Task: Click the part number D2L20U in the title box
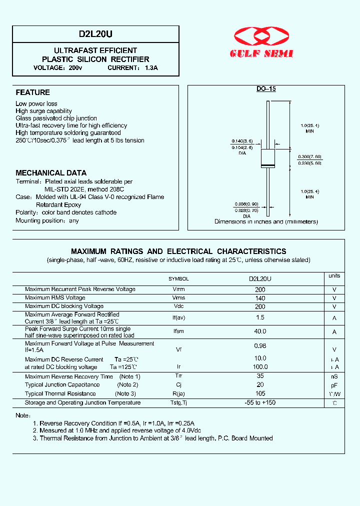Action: coord(95,34)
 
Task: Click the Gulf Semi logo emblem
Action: coord(262,36)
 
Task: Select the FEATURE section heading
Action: coord(32,92)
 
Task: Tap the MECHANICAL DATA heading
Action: coord(51,173)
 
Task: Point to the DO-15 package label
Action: coord(266,89)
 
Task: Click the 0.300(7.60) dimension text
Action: coord(310,156)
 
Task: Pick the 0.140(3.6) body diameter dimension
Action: coord(242,141)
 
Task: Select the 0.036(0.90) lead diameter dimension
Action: coord(246,204)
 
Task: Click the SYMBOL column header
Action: coord(178,279)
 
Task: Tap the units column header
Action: coord(334,276)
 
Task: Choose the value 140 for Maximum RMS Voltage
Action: coord(260,298)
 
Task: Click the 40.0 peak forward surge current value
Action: coord(260,331)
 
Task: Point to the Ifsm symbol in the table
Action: coord(178,331)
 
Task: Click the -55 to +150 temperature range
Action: coord(260,403)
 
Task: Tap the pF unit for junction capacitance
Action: coord(334,385)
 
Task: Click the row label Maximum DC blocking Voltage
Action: coord(64,306)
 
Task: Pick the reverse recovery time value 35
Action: coord(260,376)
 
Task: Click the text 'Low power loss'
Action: coord(36,104)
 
